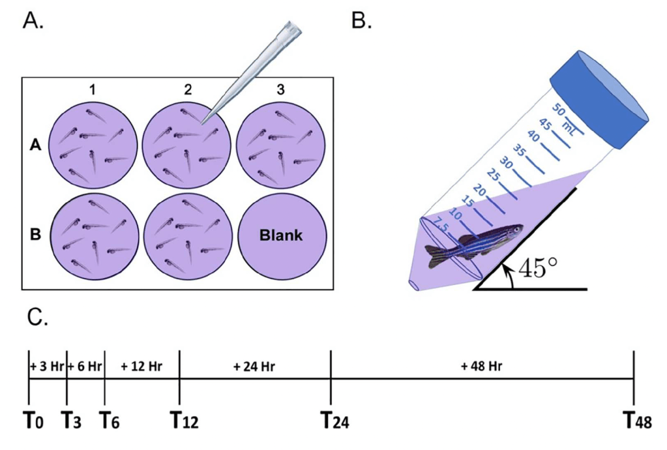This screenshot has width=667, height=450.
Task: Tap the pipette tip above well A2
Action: [x=251, y=72]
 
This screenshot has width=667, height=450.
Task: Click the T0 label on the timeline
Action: [x=34, y=421]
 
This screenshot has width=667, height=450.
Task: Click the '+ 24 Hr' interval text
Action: [x=255, y=367]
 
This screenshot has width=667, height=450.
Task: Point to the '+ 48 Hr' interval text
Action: [x=482, y=367]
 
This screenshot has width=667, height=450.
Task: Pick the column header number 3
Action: [x=281, y=90]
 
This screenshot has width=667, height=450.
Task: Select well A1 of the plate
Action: [x=93, y=145]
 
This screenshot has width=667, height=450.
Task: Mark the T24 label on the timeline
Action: [x=335, y=421]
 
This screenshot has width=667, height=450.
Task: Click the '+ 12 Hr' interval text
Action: [x=141, y=367]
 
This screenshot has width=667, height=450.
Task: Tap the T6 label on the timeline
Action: [x=109, y=421]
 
